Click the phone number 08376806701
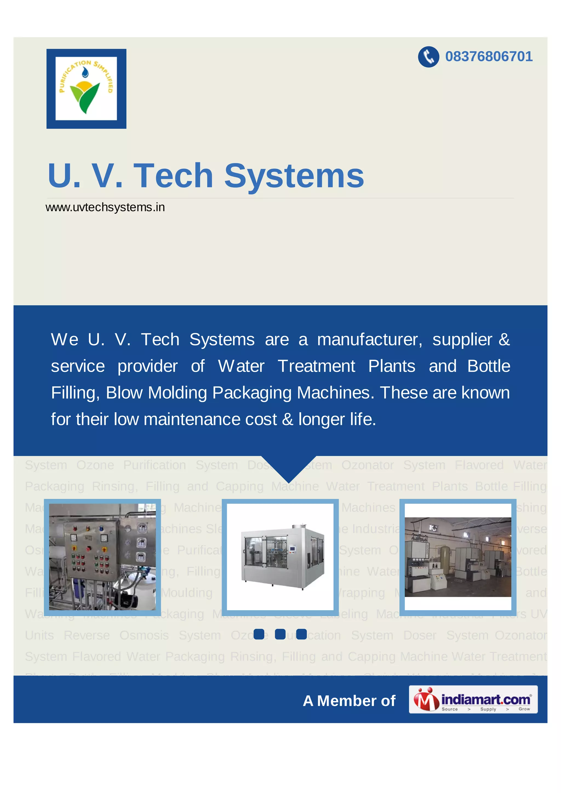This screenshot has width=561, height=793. pyautogui.click(x=488, y=57)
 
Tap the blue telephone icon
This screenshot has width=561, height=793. pyautogui.click(x=428, y=57)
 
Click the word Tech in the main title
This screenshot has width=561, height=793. pyautogui.click(x=173, y=176)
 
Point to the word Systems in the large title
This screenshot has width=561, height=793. pyautogui.click(x=294, y=176)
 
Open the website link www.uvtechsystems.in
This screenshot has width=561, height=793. pyautogui.click(x=105, y=207)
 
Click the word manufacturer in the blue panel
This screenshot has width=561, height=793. pyautogui.click(x=369, y=340)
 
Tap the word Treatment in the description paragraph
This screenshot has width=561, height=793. pyautogui.click(x=316, y=366)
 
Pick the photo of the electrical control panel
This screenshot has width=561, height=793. pyautogui.click(x=102, y=557)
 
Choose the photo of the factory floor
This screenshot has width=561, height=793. pyautogui.click(x=458, y=557)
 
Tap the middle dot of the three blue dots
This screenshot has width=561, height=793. pyautogui.click(x=280, y=634)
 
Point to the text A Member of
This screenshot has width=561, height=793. pyautogui.click(x=349, y=701)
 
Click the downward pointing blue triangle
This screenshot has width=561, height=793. pyautogui.click(x=289, y=468)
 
